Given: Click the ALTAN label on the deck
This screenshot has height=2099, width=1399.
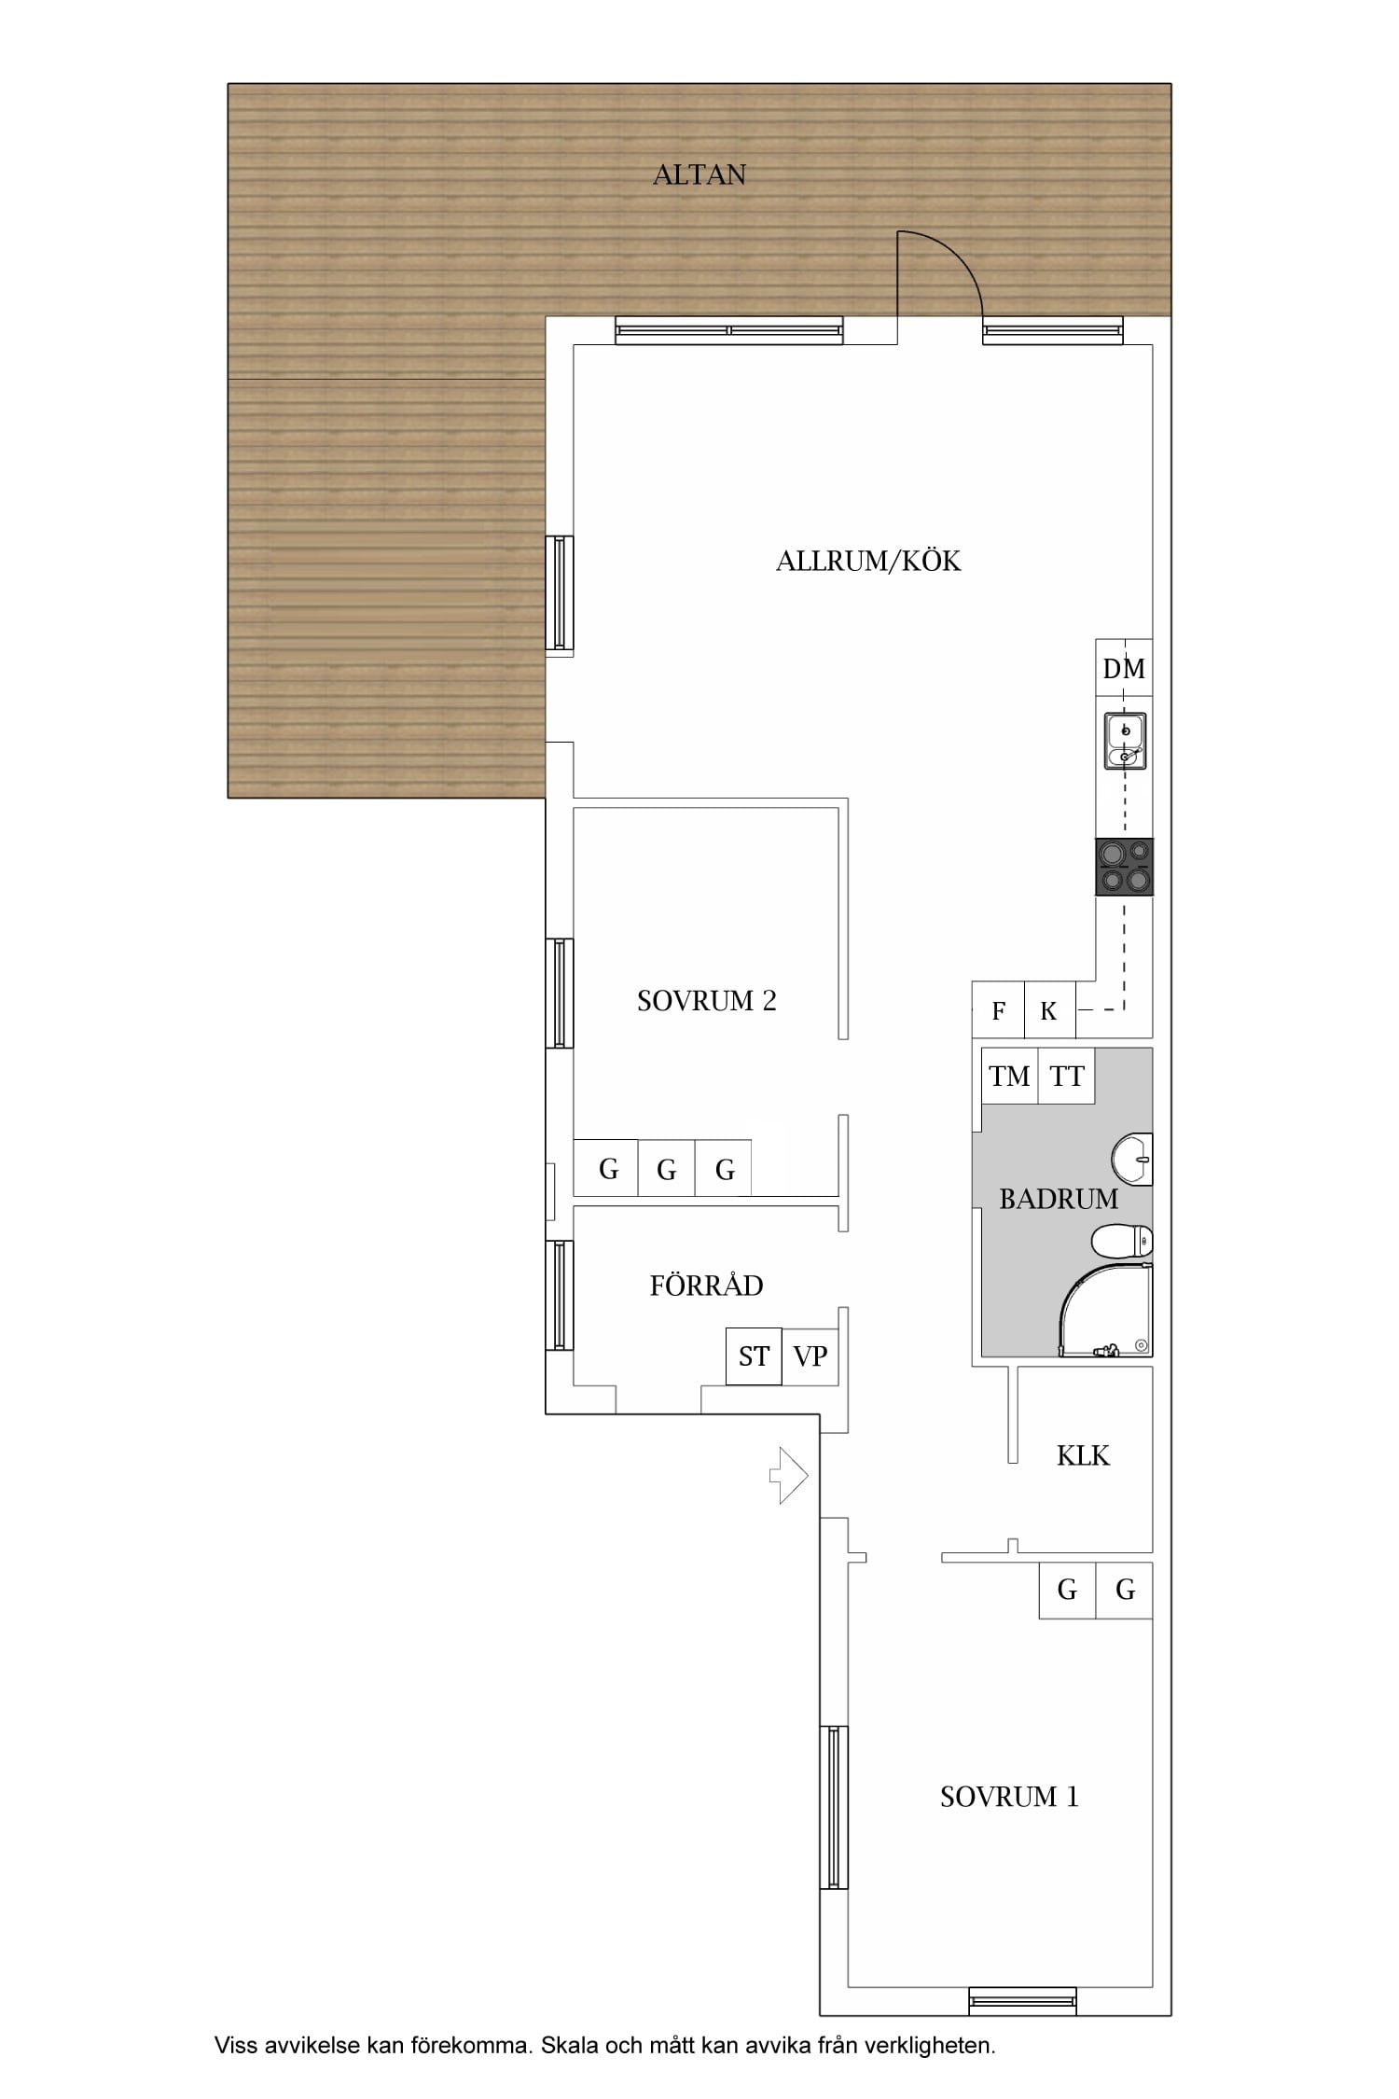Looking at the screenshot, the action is click(x=699, y=175).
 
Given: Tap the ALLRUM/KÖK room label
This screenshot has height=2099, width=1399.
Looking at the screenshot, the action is click(x=868, y=561).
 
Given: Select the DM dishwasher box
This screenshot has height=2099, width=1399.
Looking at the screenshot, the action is click(x=1124, y=668).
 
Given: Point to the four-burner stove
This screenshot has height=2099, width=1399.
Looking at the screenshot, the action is click(x=1124, y=867).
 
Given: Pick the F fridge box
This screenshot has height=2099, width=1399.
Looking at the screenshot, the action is click(x=998, y=1010).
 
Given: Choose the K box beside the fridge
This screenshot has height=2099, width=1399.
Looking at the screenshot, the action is click(x=1049, y=1010).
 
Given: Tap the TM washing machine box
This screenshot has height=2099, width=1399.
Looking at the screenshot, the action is click(x=1009, y=1077).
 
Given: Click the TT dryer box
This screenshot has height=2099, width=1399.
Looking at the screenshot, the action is click(x=1066, y=1077).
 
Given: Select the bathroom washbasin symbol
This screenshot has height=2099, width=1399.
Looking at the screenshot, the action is click(x=1132, y=1160).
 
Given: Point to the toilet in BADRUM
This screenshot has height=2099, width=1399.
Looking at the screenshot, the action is click(x=1122, y=1242).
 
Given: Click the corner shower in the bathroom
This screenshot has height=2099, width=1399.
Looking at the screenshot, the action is click(x=1106, y=1310).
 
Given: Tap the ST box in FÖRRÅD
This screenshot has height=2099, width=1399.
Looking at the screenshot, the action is click(x=754, y=1356).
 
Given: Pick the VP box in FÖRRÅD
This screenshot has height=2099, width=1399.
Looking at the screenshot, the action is click(x=810, y=1356).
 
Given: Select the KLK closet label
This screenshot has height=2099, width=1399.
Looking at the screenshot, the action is click(x=1083, y=1455).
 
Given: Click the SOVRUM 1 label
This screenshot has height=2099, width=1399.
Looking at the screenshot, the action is click(x=1009, y=1797).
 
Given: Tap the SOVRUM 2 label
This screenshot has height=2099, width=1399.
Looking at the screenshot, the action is click(x=706, y=1001).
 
